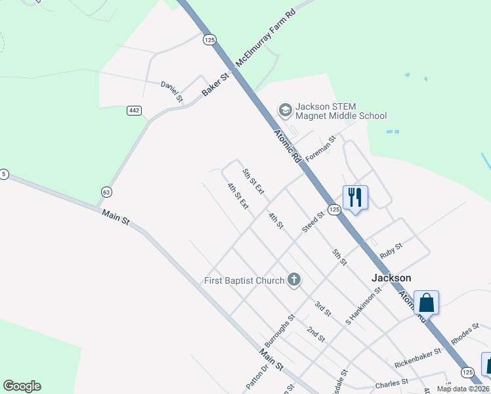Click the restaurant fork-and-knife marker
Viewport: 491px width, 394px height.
[x=355, y=197]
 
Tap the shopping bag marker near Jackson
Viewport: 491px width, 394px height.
[x=426, y=303]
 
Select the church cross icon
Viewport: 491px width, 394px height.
[x=293, y=280]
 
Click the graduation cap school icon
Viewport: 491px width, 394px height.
[x=286, y=109]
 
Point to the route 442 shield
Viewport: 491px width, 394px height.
[x=134, y=110]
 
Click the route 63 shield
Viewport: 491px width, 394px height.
[x=106, y=192]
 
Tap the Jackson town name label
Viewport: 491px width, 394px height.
[x=391, y=278]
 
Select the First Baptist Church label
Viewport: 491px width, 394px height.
[x=244, y=281]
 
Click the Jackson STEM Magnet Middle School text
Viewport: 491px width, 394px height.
[x=341, y=111]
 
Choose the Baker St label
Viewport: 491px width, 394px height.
[x=215, y=85]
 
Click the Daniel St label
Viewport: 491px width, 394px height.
[x=172, y=91]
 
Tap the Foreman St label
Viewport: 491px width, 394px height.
[x=321, y=148]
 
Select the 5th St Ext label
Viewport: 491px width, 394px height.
[x=253, y=181]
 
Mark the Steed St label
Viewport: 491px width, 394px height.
[x=314, y=221]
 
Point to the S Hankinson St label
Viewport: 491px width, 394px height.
[x=363, y=305]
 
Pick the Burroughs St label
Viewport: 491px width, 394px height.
[x=278, y=332]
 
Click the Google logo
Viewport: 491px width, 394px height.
[x=22, y=386]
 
